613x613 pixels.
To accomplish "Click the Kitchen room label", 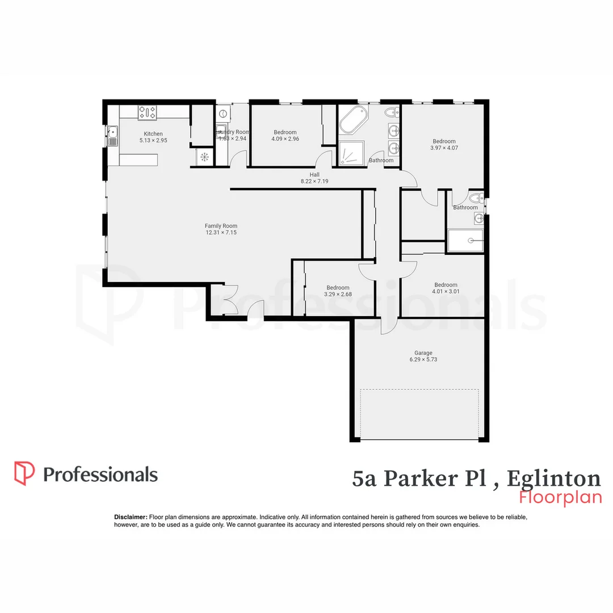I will (153, 134).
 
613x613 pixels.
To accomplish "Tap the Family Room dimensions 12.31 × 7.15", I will (221, 232).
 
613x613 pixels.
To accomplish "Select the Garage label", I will (423, 352).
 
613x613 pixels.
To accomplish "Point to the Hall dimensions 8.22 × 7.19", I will (314, 181).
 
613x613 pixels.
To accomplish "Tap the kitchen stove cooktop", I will (148, 112).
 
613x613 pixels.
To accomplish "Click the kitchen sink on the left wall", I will (112, 136).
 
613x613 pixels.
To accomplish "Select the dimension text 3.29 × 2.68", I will (337, 294).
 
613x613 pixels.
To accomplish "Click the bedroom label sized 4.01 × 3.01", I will (446, 285).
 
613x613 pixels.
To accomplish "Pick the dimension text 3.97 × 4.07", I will (444, 148).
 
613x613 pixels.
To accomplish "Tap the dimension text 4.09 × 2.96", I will (285, 138).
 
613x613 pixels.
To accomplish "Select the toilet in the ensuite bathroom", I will (476, 199).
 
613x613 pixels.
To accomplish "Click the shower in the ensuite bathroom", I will (465, 241).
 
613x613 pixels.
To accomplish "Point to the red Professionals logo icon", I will (24, 473).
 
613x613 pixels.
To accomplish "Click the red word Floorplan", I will (560, 497).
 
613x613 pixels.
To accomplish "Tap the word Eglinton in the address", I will (553, 478).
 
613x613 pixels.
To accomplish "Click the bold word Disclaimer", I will (131, 517).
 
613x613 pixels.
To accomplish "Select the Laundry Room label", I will (233, 132).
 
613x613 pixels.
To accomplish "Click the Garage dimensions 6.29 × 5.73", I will (423, 359).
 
